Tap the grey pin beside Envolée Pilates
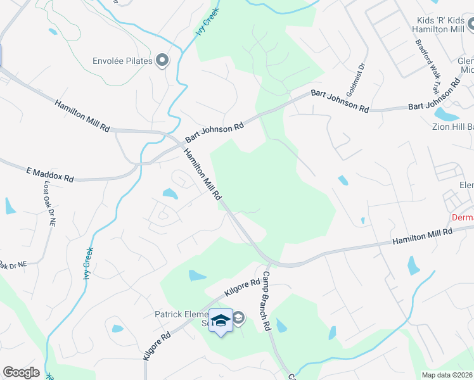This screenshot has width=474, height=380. coord(163,61)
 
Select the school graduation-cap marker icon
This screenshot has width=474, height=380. coord(221,321)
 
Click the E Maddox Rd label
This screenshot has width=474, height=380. coord(50,174)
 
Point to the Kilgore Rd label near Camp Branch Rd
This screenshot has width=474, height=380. coord(242,289)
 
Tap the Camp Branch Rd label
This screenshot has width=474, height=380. coord(266,301)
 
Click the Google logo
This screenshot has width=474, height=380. coord(21,372)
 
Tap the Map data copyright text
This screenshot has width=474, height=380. coord(447,375)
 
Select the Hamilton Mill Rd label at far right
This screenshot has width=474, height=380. coord(422,237)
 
